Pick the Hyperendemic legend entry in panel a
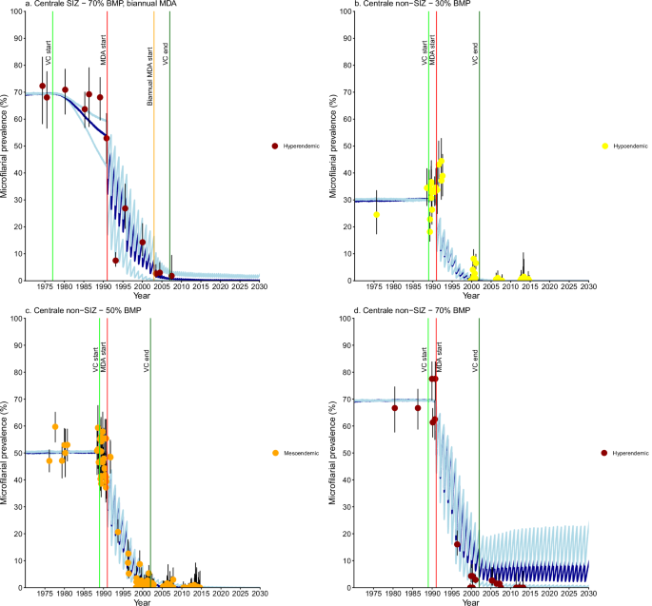(298, 147)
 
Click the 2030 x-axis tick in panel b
(588, 287)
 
